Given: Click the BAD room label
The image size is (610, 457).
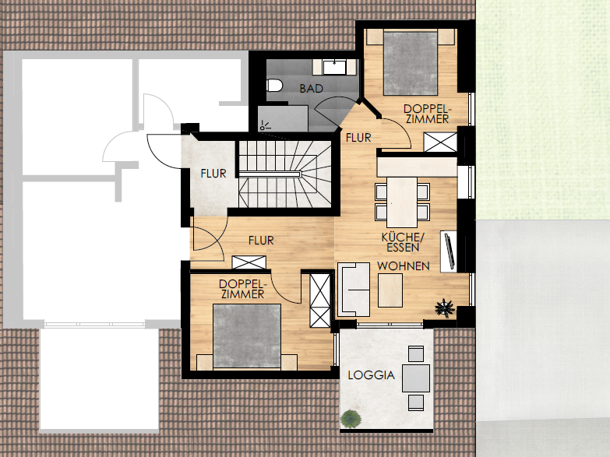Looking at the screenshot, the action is (x=311, y=89).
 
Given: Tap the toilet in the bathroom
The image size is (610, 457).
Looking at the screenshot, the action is (x=274, y=85).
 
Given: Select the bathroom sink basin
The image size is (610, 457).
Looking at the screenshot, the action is (x=333, y=67).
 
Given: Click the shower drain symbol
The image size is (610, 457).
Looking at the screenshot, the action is (x=265, y=125).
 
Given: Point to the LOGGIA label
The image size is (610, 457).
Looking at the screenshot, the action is (x=371, y=375).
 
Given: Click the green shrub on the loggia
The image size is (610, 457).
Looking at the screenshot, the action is (x=351, y=419).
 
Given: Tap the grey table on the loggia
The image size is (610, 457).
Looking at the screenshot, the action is (x=416, y=378).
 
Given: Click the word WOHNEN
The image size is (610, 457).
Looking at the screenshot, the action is (x=403, y=266).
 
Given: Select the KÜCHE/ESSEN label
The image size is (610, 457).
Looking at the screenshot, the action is (x=403, y=242).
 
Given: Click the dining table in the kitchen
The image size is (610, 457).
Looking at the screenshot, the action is (x=402, y=202).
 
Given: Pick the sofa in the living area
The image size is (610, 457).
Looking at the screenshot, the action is (x=353, y=290).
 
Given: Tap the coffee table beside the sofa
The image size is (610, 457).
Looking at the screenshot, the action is (x=390, y=290).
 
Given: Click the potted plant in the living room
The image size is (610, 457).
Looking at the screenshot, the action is (x=445, y=308).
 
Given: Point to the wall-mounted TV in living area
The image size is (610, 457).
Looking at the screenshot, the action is (x=449, y=251).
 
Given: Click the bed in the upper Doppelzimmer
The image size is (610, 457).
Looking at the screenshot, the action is (x=411, y=62).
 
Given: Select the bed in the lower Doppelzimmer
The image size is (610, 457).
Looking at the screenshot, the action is (x=247, y=337).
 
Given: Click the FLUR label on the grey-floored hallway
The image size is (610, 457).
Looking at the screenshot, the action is (x=213, y=173).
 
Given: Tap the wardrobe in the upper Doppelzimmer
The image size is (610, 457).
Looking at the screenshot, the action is (x=440, y=142).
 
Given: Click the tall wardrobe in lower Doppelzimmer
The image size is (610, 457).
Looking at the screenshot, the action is (x=319, y=301).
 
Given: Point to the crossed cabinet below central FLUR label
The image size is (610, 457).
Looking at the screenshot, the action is (x=249, y=262).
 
